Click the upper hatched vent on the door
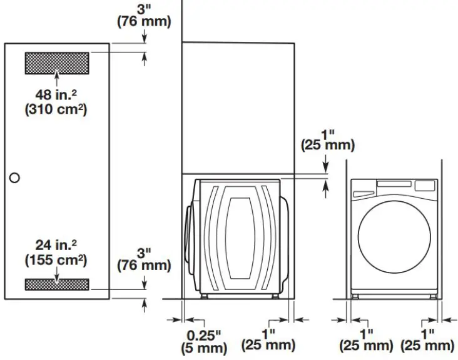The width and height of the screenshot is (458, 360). tap(56, 62)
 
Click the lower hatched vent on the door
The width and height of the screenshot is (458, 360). tap(56, 284)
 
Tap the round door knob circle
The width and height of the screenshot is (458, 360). tap(14, 177)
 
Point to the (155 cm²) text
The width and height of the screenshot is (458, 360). tap(56, 259)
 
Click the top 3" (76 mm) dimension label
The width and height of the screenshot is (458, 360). tap(144, 15)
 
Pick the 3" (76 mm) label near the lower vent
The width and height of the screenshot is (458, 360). tap(144, 259)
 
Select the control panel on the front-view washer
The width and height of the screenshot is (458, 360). tap(393, 186)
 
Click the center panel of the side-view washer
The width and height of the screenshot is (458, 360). tap(240, 237)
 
